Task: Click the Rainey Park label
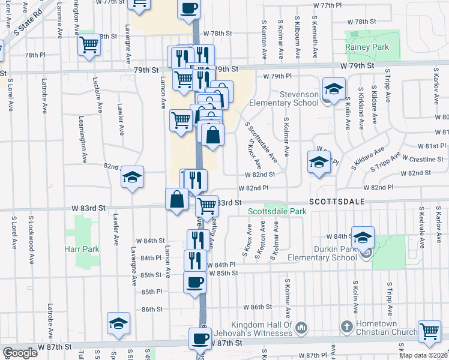click(367, 47)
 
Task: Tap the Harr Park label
click(80, 248)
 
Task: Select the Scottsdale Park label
click(277, 211)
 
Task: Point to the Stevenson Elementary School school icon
click(334, 89)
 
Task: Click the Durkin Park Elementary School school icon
click(362, 238)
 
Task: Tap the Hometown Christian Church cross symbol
click(346, 326)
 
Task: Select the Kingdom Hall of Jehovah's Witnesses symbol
click(301, 327)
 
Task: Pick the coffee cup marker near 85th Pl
click(194, 282)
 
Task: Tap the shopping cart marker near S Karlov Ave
click(429, 331)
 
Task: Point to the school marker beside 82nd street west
click(132, 177)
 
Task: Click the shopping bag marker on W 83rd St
click(178, 199)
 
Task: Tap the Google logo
click(20, 353)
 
